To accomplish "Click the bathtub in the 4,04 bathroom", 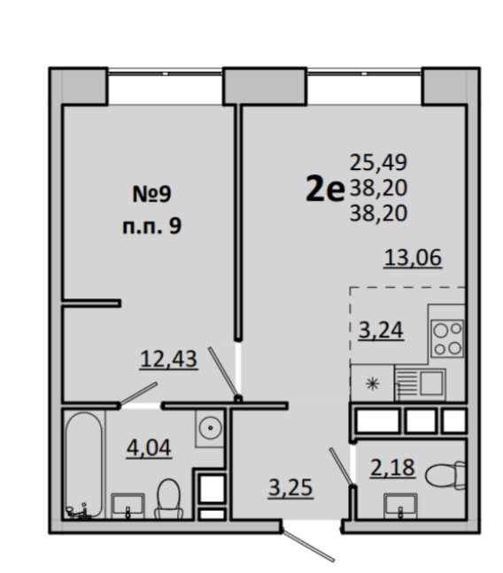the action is (84, 465).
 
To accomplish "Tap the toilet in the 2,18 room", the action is (445, 475).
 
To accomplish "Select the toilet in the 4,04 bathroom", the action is (169, 499).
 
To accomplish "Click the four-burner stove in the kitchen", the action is (447, 338).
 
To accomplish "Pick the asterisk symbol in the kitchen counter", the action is (372, 383).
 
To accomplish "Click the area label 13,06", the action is (414, 258).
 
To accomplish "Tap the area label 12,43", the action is (169, 359).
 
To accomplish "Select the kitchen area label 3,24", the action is (381, 330).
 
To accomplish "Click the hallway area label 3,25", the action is (290, 487).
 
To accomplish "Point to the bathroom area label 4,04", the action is (149, 447).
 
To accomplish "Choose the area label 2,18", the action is (392, 467).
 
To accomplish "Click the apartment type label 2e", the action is (325, 188).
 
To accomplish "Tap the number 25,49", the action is (378, 162).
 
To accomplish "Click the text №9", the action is (151, 194).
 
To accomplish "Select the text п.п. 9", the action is (151, 227).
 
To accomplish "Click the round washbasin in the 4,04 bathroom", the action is (209, 429).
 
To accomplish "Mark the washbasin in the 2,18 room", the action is (400, 506).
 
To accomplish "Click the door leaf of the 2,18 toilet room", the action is (342, 467).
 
